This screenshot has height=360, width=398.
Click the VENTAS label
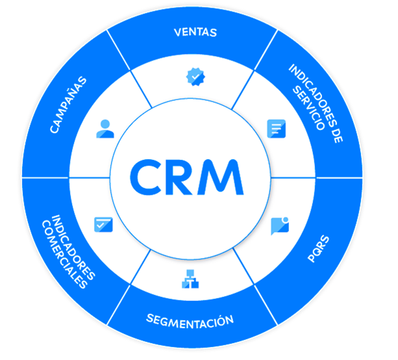pos(195,32)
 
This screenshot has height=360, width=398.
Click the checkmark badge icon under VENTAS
pos(195,77)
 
